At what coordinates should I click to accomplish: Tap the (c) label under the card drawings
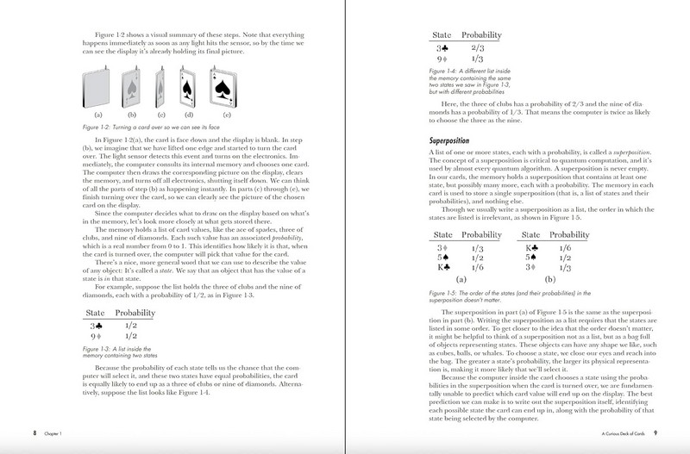pos(160,113)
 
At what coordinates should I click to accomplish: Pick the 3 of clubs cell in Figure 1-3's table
pos(94,326)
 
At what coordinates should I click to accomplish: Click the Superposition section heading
pos(456,139)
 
